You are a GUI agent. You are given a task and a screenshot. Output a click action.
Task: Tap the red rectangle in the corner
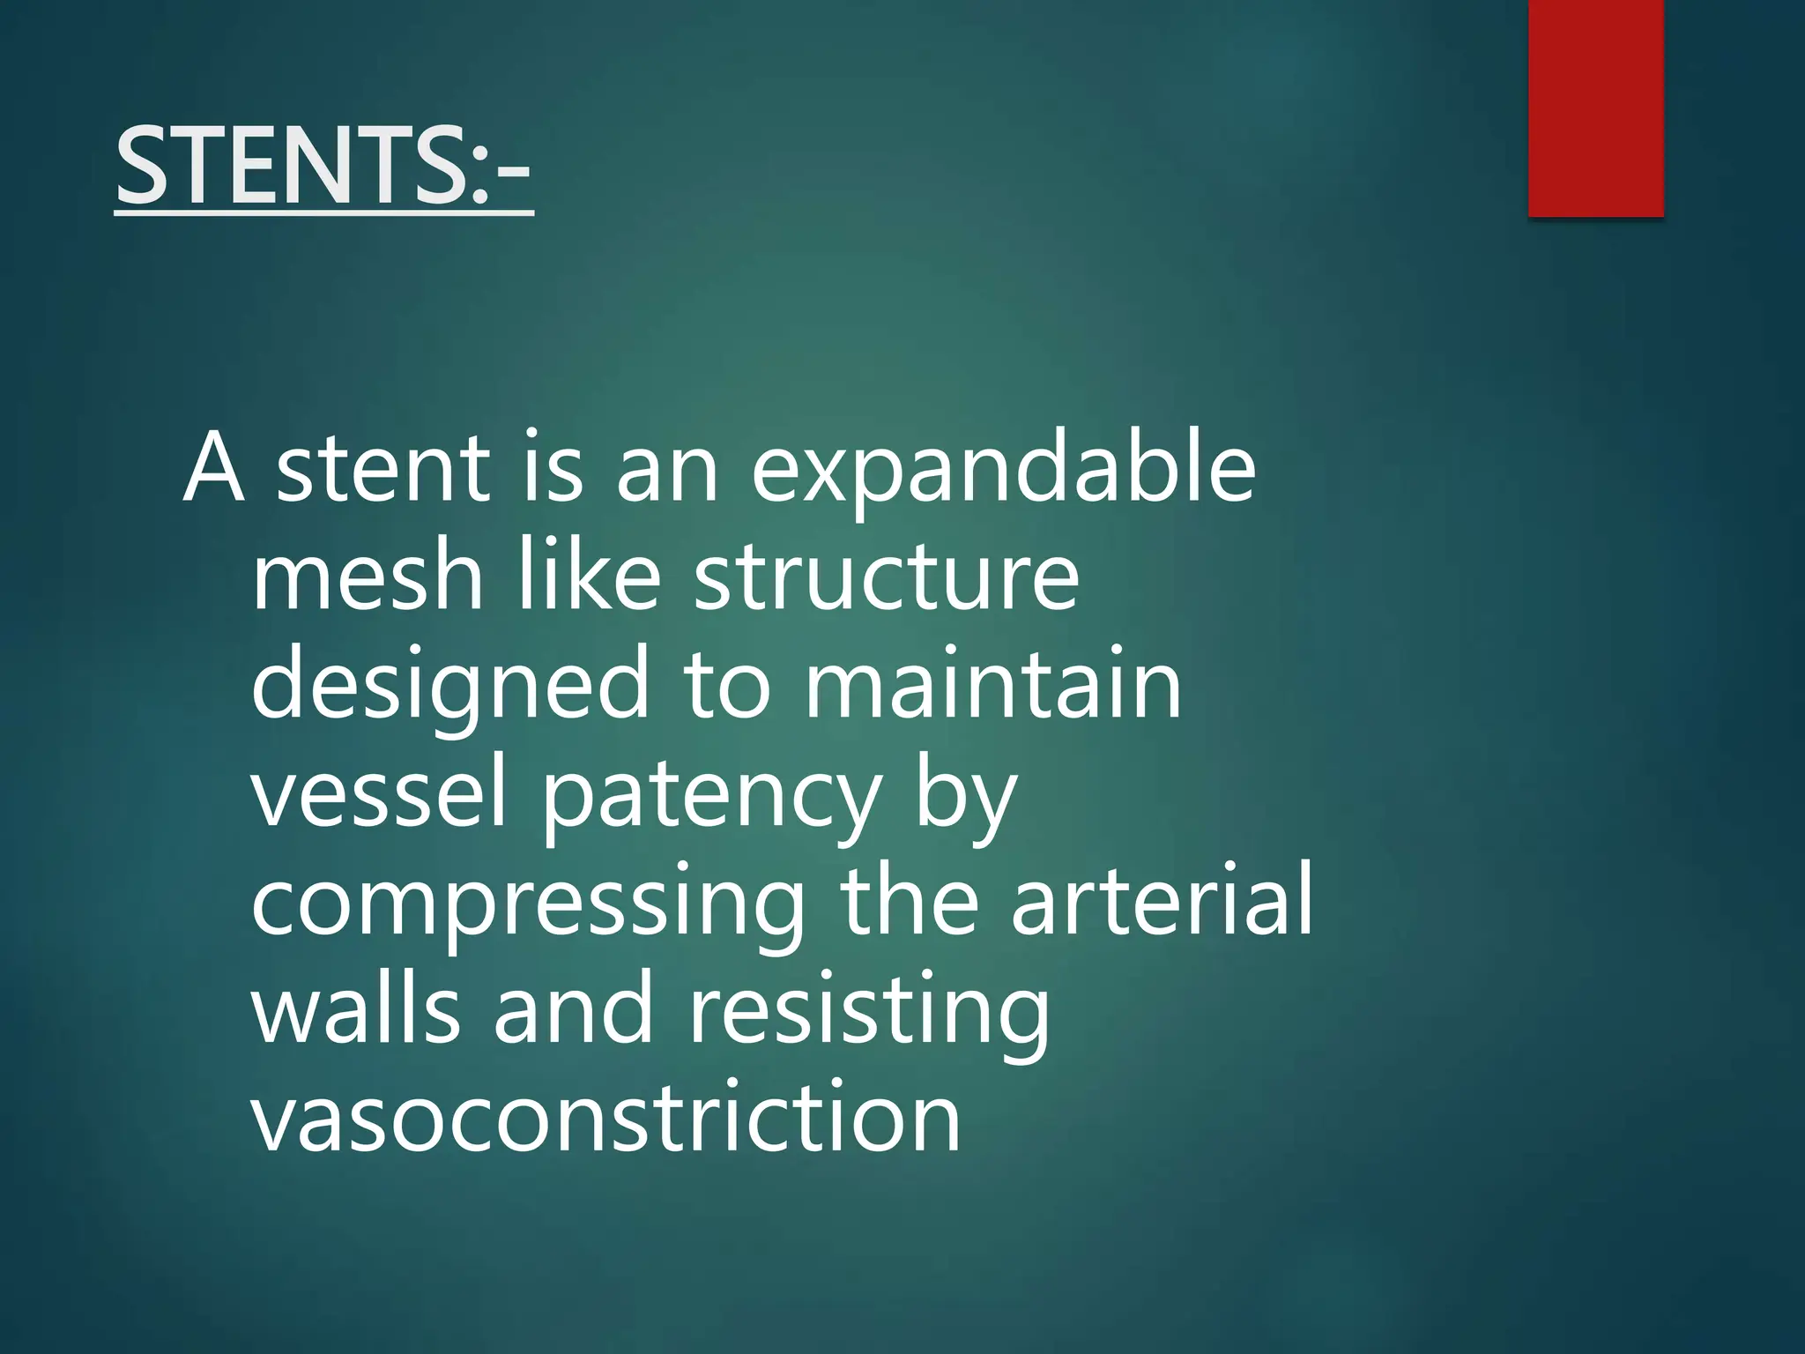point(1595,108)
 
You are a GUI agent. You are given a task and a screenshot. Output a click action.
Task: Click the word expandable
point(1002,472)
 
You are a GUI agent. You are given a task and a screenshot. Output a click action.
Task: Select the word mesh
point(368,577)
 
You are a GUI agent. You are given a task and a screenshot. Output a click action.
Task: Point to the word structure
point(886,577)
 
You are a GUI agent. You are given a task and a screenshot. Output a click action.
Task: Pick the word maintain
point(993,684)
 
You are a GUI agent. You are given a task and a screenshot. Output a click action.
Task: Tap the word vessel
point(380,792)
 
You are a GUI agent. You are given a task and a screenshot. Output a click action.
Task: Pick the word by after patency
point(966,797)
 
